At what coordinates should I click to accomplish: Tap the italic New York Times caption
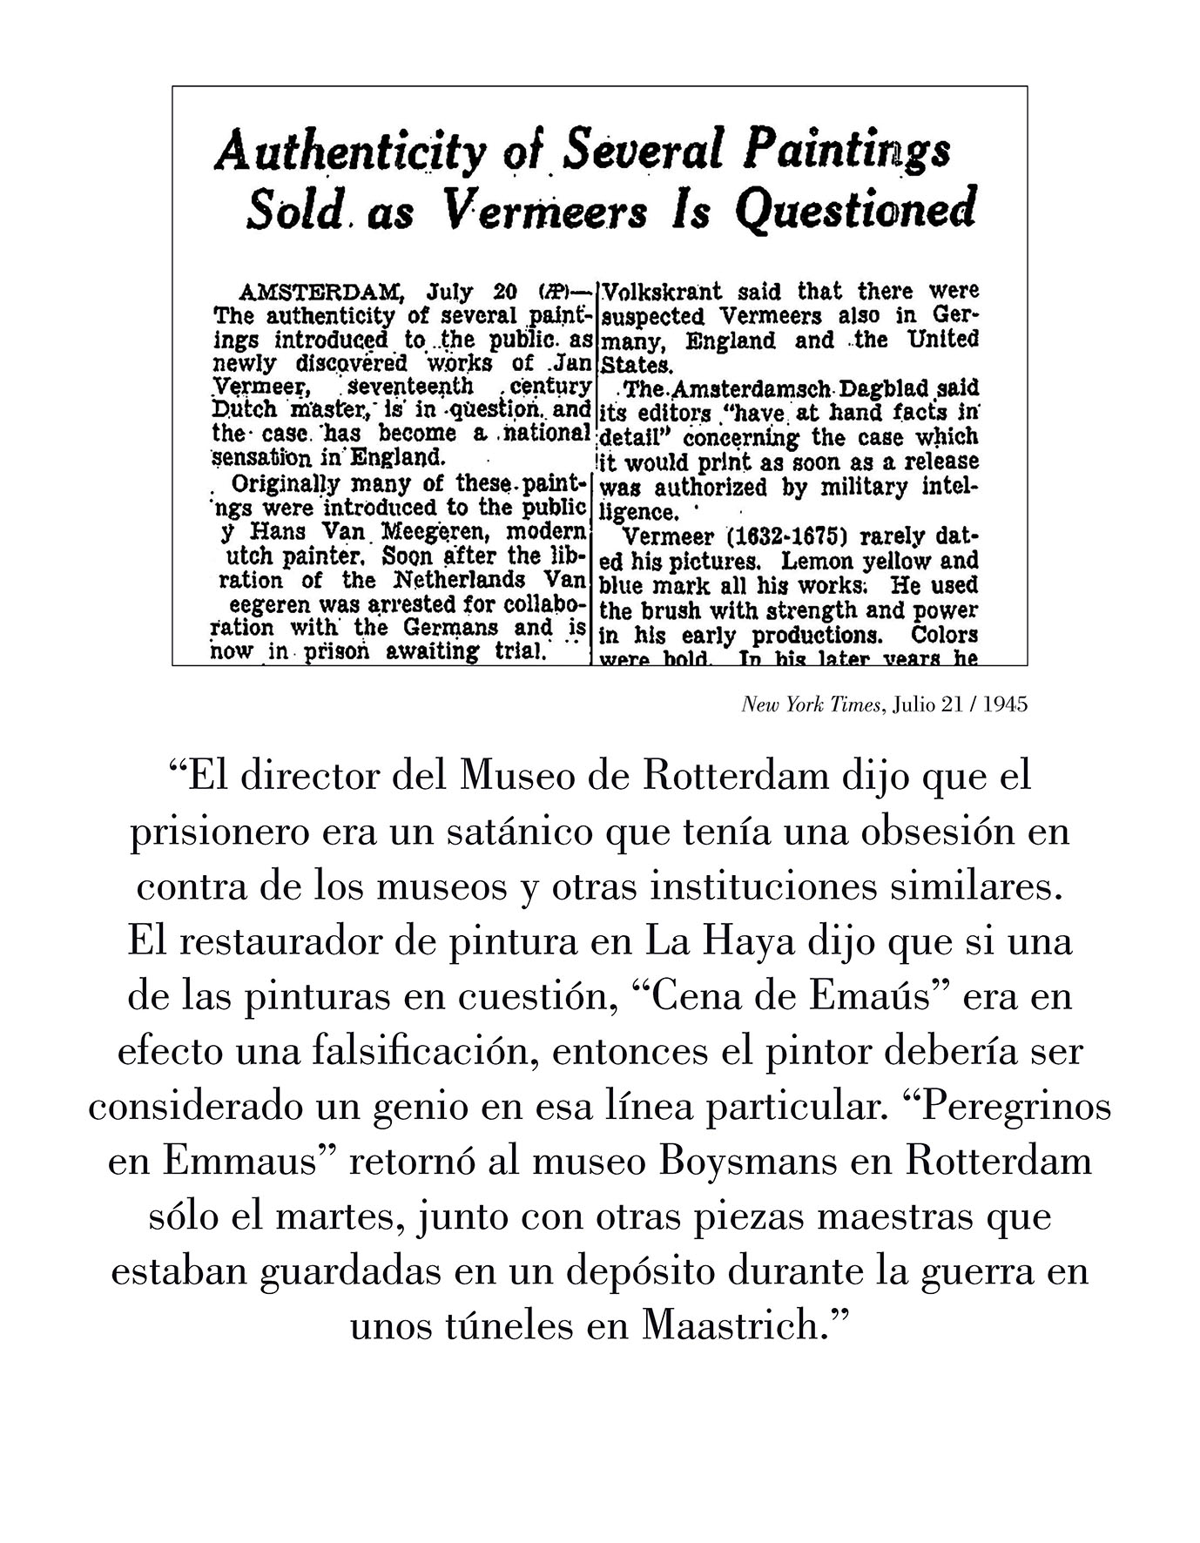(x=811, y=704)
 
